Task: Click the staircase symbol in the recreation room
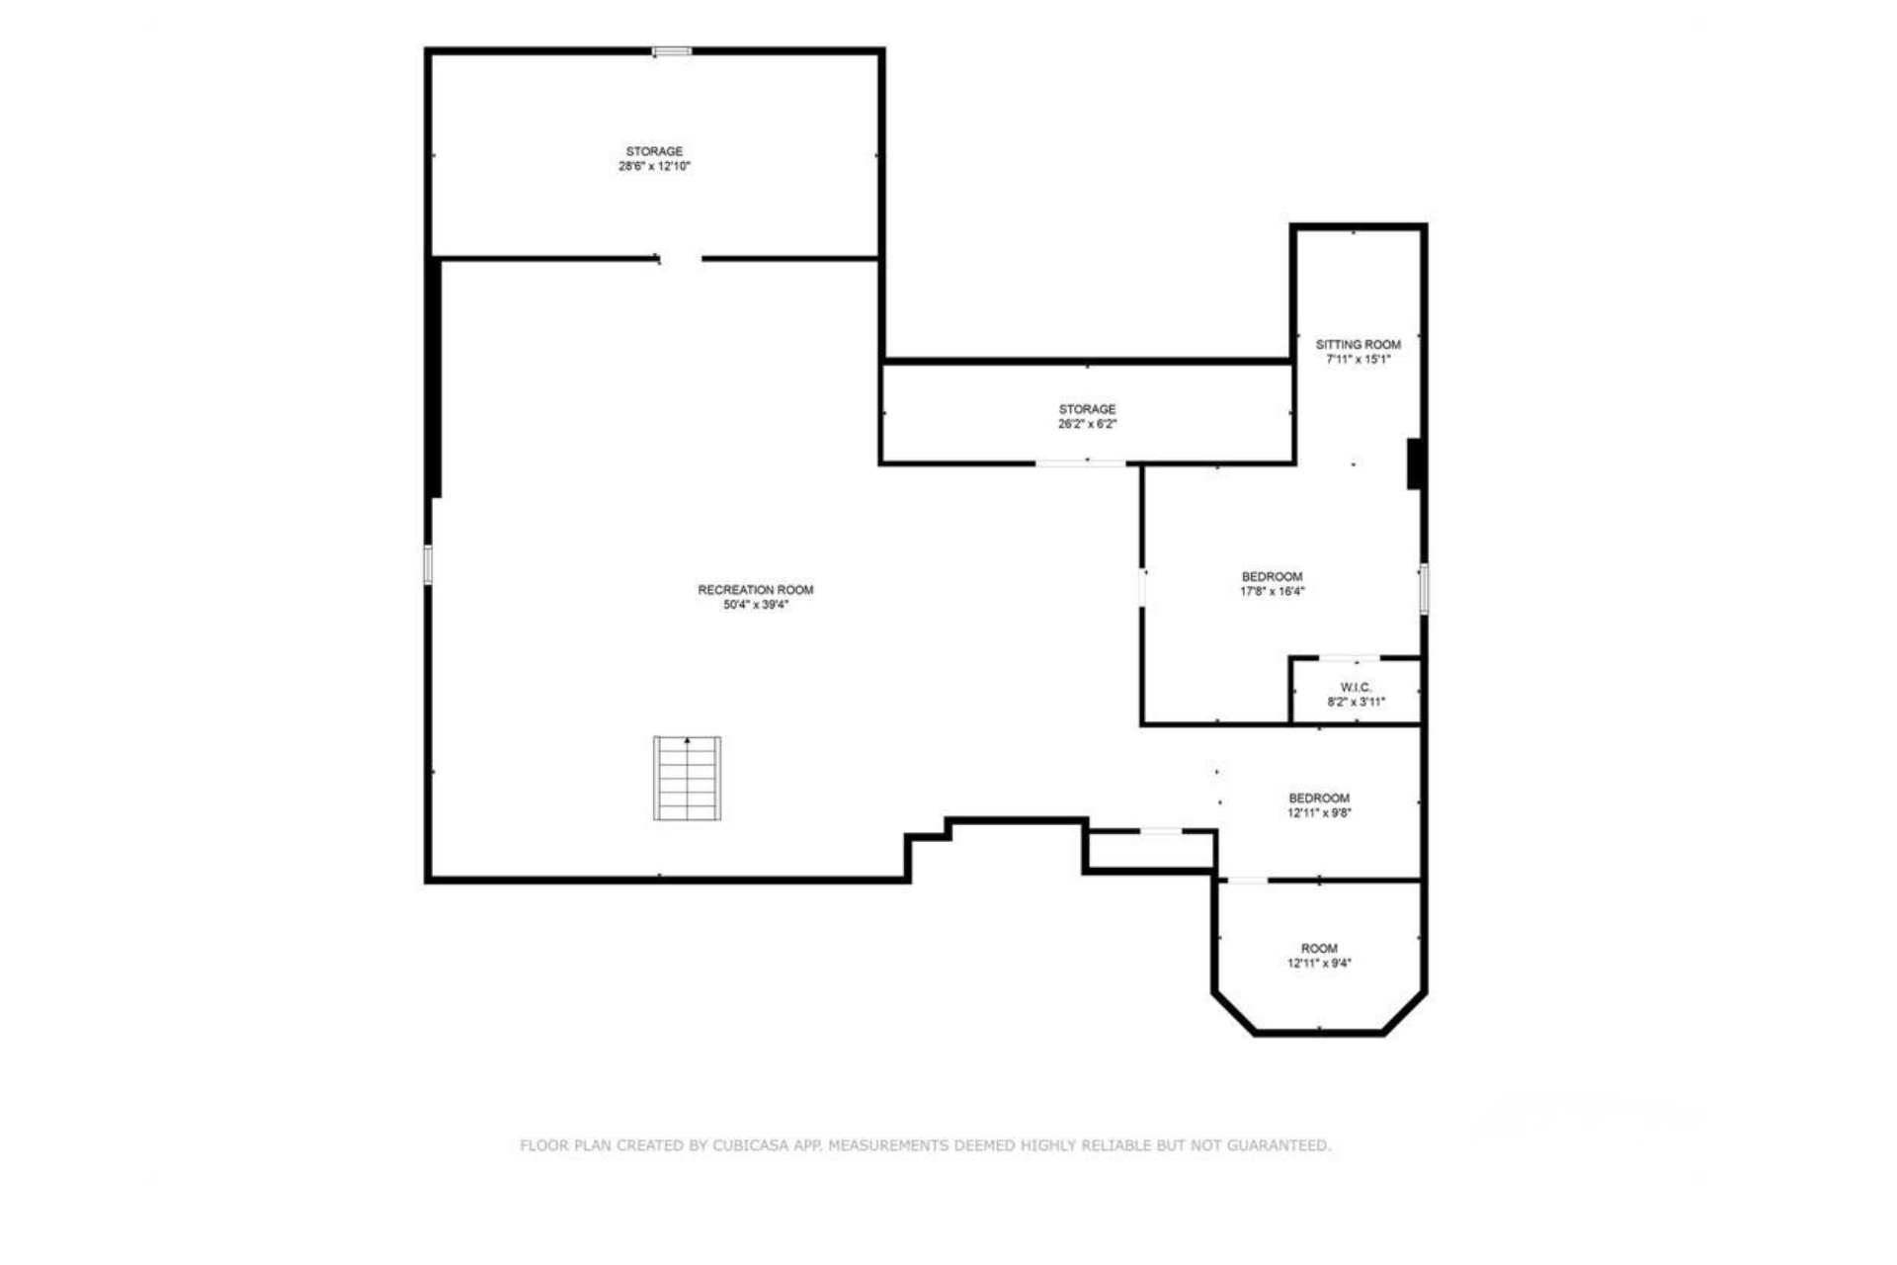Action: (687, 778)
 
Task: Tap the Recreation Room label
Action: (756, 590)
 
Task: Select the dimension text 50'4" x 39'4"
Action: (756, 605)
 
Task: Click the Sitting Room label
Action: (1359, 345)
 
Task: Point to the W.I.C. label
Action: (1357, 687)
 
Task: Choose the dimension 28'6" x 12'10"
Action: (654, 167)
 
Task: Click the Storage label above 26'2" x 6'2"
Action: (1088, 409)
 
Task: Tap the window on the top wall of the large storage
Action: (672, 50)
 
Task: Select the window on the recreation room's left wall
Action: (428, 564)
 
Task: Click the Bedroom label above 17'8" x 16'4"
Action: (1273, 576)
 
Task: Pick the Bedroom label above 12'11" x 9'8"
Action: (1319, 799)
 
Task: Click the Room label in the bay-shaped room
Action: (1319, 949)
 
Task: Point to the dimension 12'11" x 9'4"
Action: (1319, 964)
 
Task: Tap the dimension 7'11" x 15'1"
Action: (1359, 360)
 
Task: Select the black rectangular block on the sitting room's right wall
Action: (1415, 464)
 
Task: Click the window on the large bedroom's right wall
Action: (1424, 589)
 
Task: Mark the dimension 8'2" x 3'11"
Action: (1357, 703)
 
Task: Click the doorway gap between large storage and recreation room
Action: (680, 259)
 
